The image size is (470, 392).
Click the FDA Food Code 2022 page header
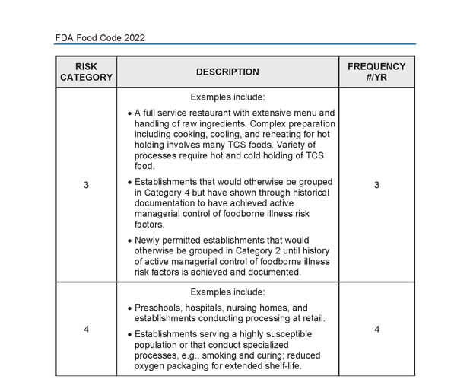point(100,37)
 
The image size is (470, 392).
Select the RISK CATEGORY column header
point(86,72)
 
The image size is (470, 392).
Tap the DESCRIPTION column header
point(227,72)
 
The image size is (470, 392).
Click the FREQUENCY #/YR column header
point(376,72)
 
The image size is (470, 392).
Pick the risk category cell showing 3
point(86,185)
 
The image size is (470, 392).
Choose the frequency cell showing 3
point(376,185)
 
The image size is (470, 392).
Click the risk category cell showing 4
point(86,330)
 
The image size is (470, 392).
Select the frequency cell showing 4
point(376,330)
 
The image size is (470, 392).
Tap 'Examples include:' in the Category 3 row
point(227,97)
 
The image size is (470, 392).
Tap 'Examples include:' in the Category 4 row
point(227,292)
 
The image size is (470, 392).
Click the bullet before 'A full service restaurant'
point(130,113)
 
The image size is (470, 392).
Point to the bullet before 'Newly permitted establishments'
point(130,241)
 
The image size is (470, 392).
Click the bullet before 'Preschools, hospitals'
point(130,309)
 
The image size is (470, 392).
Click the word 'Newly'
point(149,240)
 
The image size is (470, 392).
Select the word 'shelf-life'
point(278,366)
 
